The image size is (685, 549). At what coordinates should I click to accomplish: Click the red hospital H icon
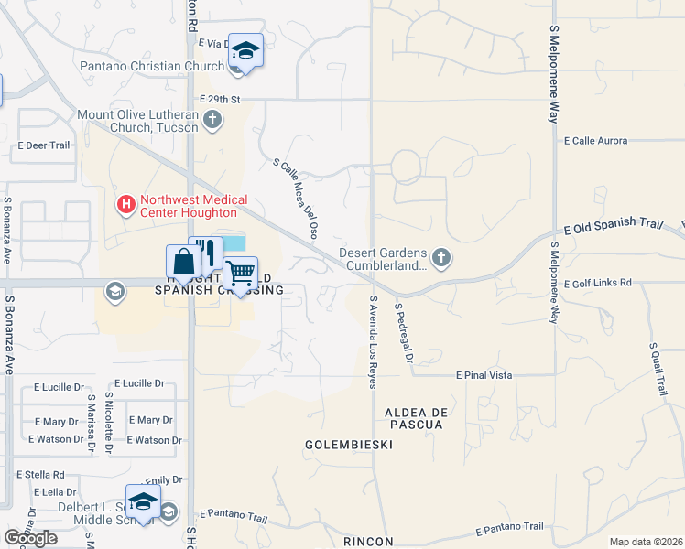tap(125, 202)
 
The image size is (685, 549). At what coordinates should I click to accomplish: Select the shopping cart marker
tap(240, 273)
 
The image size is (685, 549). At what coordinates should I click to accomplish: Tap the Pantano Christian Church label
tap(152, 66)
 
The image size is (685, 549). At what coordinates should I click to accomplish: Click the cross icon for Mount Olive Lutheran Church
tap(212, 118)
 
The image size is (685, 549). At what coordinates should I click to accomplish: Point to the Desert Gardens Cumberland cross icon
tap(440, 257)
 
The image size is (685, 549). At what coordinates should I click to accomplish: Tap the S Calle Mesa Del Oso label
tap(296, 199)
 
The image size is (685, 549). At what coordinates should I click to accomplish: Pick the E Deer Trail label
tap(44, 145)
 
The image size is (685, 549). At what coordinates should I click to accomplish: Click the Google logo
tap(30, 538)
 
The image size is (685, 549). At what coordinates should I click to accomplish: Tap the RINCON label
tap(368, 542)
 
